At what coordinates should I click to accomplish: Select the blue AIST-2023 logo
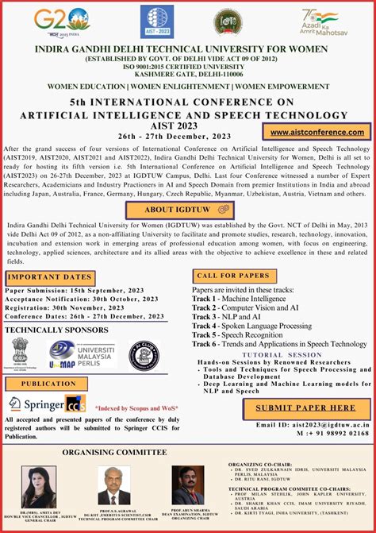coord(156,21)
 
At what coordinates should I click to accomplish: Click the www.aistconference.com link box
coord(317,132)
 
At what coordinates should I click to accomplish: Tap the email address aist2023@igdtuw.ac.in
coord(323,403)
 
